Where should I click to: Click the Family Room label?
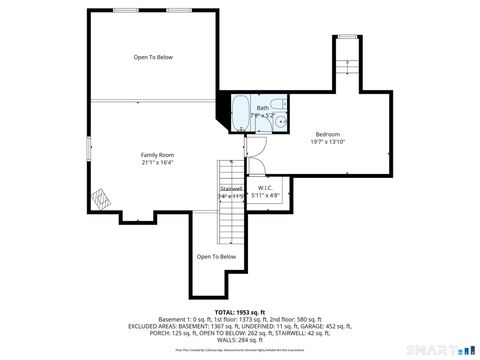click(157, 155)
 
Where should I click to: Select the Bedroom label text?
click(328, 134)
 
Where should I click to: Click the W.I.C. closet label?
click(265, 187)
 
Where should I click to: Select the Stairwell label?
click(231, 187)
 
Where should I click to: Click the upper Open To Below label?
click(153, 57)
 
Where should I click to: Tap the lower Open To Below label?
click(216, 257)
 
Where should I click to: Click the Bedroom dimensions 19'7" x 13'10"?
click(328, 142)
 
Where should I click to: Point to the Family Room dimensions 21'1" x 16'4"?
click(157, 163)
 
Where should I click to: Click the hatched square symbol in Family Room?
click(99, 197)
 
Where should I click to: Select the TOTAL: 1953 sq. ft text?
click(239, 311)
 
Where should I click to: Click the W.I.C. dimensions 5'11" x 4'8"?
click(265, 195)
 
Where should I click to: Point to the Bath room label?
click(262, 108)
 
